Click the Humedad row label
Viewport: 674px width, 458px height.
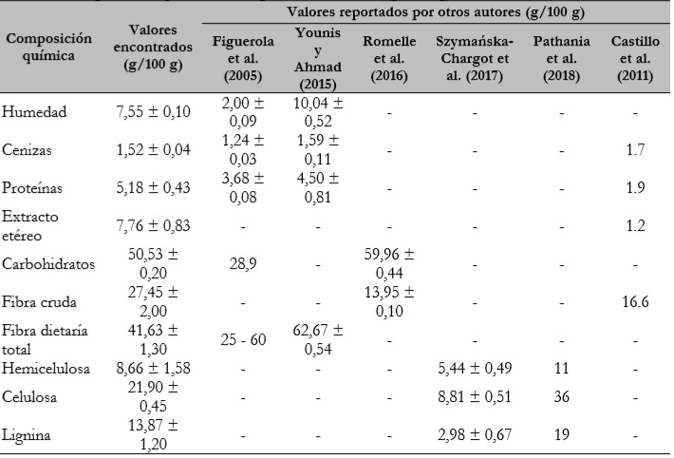36,112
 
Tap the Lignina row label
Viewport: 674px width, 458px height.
31,437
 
